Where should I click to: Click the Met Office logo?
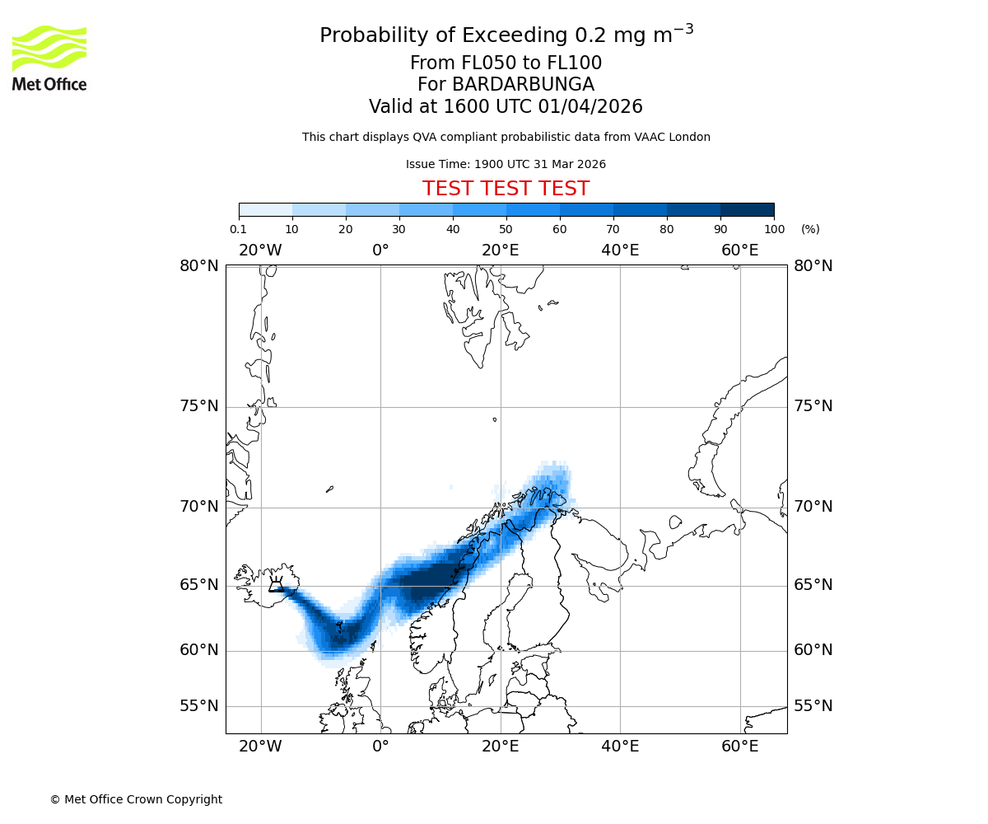click(49, 58)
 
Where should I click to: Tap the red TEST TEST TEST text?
click(506, 189)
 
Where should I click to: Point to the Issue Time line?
click(506, 164)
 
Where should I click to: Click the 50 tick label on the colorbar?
click(506, 229)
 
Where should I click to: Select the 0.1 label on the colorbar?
click(239, 229)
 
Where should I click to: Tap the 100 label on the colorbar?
click(774, 229)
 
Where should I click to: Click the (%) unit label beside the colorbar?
click(810, 229)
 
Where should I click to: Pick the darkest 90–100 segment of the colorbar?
click(747, 209)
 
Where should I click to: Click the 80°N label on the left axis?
click(199, 265)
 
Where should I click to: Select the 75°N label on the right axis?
click(813, 406)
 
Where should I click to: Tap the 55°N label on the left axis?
click(199, 706)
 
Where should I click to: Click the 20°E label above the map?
click(501, 250)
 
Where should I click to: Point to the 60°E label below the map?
click(740, 747)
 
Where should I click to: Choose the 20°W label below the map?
click(260, 747)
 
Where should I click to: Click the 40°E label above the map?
click(620, 250)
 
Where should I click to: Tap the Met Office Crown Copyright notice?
click(136, 799)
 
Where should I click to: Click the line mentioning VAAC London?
click(506, 137)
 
